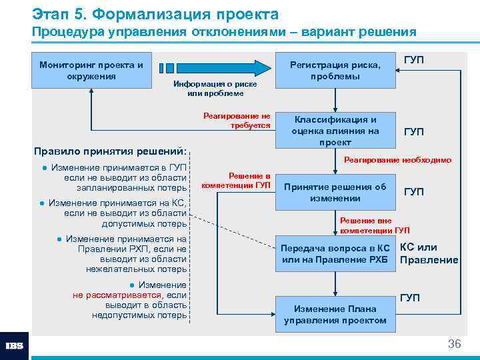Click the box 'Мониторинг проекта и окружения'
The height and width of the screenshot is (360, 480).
(91, 70)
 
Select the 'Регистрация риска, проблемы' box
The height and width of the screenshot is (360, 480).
(335, 70)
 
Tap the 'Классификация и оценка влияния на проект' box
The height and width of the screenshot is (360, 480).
(335, 131)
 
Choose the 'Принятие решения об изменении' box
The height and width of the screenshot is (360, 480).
(335, 192)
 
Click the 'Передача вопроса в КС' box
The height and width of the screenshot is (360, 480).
(335, 253)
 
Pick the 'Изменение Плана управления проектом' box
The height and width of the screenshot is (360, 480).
(335, 314)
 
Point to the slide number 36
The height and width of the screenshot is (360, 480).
(454, 344)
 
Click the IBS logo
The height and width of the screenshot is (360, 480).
(15, 346)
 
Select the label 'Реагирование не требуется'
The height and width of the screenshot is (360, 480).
(237, 120)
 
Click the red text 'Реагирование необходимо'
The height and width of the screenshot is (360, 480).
(397, 160)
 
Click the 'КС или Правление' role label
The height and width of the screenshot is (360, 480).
(428, 253)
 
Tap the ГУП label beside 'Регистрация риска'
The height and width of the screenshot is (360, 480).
(413, 60)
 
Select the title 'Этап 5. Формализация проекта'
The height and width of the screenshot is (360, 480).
(155, 13)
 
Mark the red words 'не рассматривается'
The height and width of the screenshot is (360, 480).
(117, 295)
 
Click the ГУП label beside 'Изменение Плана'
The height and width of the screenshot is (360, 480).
(410, 297)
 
